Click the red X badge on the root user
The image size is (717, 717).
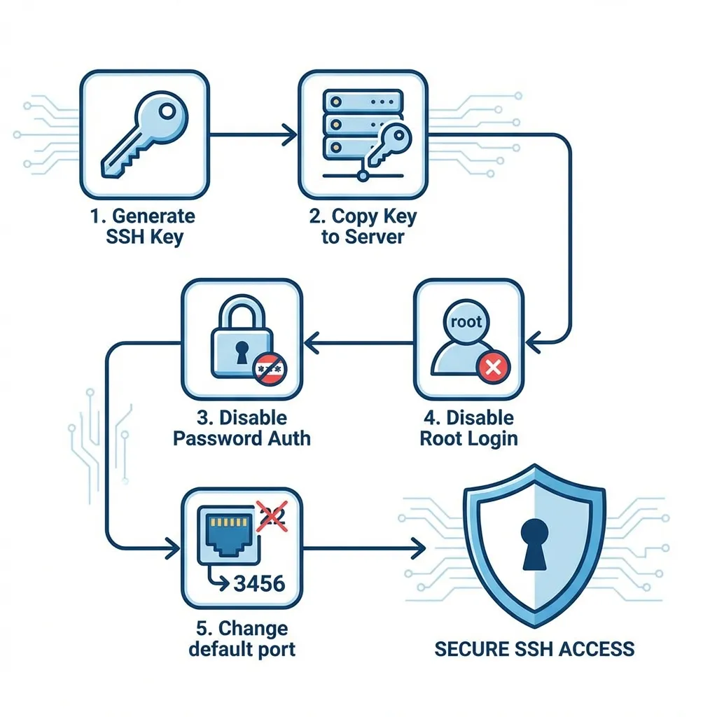[493, 366]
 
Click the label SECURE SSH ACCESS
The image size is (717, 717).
[534, 648]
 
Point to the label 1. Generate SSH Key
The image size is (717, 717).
[143, 226]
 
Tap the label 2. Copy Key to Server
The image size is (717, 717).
[363, 226]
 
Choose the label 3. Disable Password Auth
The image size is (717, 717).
[242, 429]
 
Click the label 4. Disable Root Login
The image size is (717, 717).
[469, 429]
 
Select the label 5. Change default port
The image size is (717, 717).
[242, 638]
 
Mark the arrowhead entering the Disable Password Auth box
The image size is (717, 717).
[312, 343]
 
